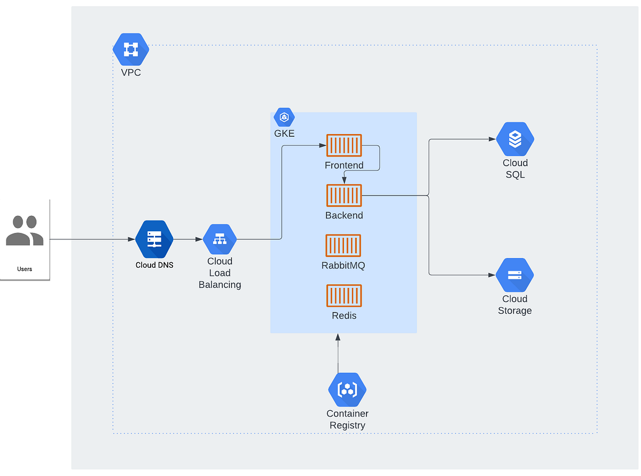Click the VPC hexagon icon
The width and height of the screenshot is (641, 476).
(x=131, y=50)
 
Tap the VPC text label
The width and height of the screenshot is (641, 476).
(x=131, y=72)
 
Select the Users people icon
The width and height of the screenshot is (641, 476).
(x=25, y=231)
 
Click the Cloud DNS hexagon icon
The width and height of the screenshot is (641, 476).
(x=154, y=239)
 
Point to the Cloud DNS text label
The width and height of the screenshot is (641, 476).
(x=154, y=265)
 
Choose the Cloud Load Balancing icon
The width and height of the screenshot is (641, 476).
(x=220, y=239)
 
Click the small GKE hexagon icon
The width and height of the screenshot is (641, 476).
(x=284, y=118)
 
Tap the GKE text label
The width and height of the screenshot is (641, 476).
(x=284, y=134)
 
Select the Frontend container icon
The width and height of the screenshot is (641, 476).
(x=344, y=145)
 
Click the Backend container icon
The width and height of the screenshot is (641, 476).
(x=344, y=196)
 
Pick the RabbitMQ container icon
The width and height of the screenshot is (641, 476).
(x=343, y=245)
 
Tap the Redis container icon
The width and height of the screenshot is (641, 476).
(x=344, y=295)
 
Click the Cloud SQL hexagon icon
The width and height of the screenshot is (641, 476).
(x=515, y=139)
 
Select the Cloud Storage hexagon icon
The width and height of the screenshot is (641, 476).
(x=515, y=275)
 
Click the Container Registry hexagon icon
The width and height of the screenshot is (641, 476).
(x=347, y=390)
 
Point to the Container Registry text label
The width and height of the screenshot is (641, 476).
(x=347, y=419)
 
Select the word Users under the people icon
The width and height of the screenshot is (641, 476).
(x=25, y=269)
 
